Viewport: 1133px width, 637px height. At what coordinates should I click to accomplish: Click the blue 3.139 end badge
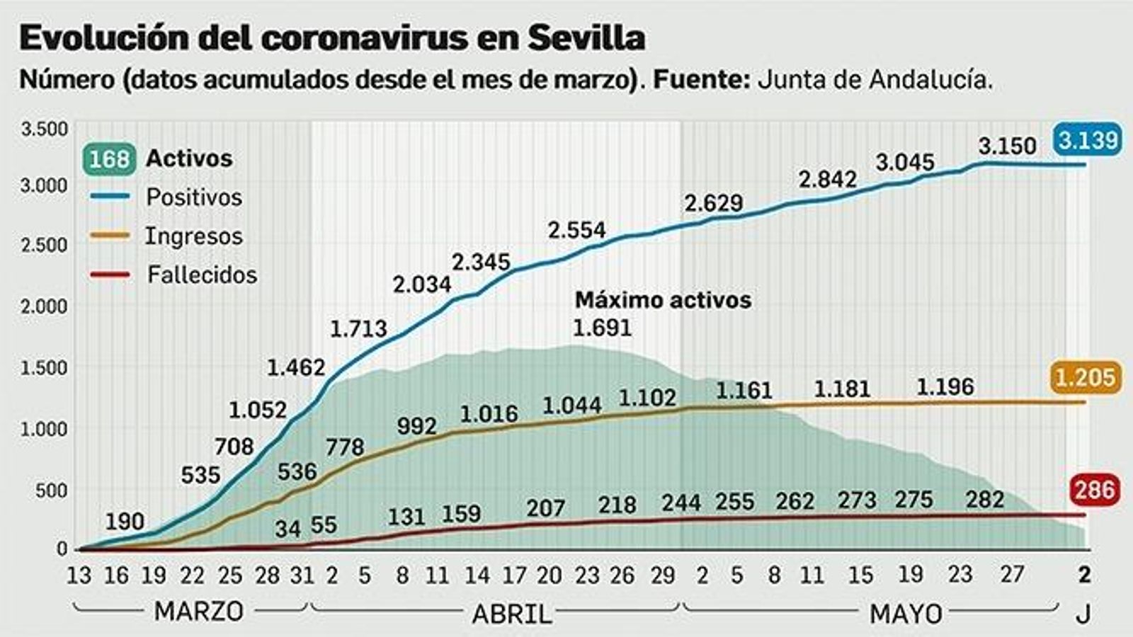click(1088, 140)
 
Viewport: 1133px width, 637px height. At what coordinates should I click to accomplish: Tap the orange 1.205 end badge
click(1086, 377)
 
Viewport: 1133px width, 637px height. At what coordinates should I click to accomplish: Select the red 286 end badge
click(1095, 489)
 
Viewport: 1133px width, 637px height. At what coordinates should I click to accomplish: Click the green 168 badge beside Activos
click(109, 159)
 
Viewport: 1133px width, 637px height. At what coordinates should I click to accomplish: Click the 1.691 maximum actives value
click(601, 328)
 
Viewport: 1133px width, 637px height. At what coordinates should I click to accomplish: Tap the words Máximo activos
click(663, 300)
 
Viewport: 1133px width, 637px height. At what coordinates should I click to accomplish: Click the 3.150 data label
click(1007, 147)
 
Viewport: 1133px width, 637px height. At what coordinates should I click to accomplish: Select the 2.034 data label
click(422, 285)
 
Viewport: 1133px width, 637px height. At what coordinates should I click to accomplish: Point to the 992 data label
click(416, 426)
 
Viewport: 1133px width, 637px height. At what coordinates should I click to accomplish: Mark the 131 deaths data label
click(406, 517)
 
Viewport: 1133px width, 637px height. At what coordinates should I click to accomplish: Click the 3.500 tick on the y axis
click(45, 130)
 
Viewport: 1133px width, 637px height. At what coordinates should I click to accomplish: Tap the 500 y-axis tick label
click(51, 490)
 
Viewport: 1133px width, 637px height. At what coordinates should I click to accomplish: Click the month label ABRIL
click(511, 614)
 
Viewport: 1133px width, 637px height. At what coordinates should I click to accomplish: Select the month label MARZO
click(198, 611)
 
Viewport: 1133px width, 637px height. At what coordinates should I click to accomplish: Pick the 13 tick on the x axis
click(79, 575)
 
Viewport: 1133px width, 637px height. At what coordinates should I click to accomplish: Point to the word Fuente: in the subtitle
click(701, 79)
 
